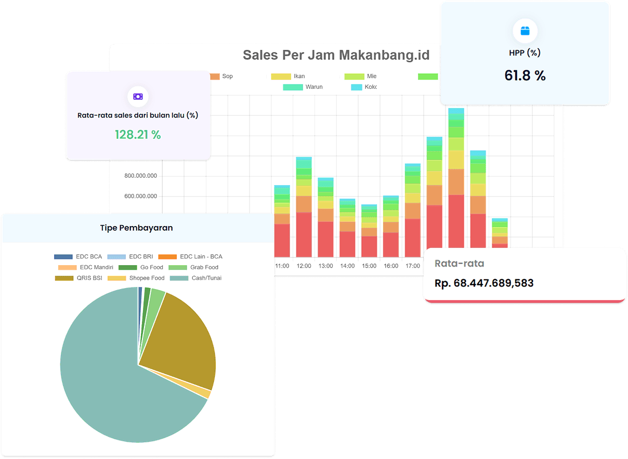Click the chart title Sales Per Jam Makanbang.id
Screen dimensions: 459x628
[336, 55]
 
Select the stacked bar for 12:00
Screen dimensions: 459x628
[304, 208]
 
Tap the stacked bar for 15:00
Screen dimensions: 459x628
[369, 231]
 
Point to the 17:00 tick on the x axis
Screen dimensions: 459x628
[412, 266]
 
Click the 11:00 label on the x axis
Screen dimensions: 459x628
[282, 266]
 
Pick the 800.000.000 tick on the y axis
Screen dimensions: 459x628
[140, 176]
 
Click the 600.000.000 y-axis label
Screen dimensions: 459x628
[140, 196]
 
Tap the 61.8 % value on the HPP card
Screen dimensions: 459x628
[525, 76]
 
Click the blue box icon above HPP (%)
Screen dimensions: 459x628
[525, 31]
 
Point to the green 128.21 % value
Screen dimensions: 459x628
[138, 135]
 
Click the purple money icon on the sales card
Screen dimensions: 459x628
[138, 97]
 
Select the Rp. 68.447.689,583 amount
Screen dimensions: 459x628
[484, 283]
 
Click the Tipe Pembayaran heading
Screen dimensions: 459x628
[136, 228]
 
